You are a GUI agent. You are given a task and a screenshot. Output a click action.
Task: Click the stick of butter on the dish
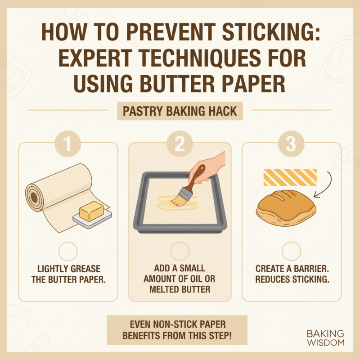tap(91, 211)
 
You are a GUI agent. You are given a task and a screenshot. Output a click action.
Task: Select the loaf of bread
tap(286, 209)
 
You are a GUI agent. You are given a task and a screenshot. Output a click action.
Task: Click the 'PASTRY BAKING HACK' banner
tap(180, 111)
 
